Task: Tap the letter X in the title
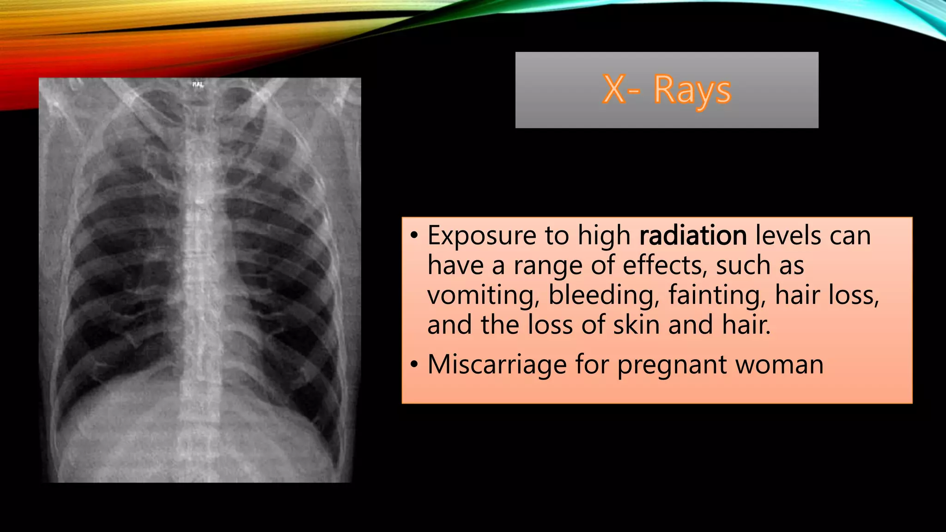[x=614, y=90]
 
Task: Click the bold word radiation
[x=693, y=236]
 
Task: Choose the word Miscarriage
[x=497, y=365]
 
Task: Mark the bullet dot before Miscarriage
[x=414, y=365]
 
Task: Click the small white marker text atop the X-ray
[x=198, y=85]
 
